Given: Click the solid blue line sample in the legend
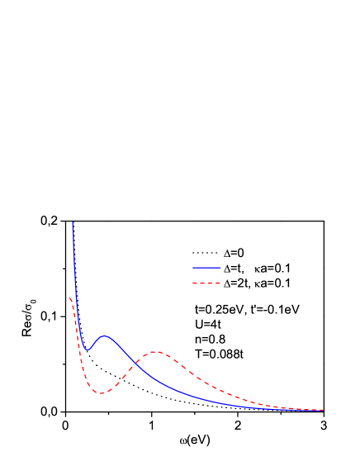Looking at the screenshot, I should click(x=206, y=268).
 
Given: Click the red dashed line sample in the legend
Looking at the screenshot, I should click(x=206, y=283).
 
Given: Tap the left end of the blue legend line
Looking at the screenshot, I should click(x=194, y=268).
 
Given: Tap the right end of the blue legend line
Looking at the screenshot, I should click(x=220, y=268).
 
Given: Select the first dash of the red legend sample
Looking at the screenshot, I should click(x=196, y=283).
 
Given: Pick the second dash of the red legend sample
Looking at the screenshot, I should click(x=203, y=283).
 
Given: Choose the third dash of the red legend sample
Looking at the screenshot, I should click(x=211, y=283).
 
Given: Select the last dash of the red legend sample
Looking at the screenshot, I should click(x=218, y=283).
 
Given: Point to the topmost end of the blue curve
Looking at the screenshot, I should click(x=73, y=222).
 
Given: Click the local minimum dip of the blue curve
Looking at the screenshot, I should click(x=87, y=350).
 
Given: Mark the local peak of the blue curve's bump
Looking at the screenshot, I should click(x=104, y=336).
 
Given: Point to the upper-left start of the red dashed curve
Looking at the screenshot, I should click(x=70, y=297).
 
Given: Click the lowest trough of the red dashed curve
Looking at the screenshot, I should click(x=101, y=392).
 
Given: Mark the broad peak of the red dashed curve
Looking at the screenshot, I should click(x=155, y=353).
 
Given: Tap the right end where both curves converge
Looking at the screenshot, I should click(x=321, y=410).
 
